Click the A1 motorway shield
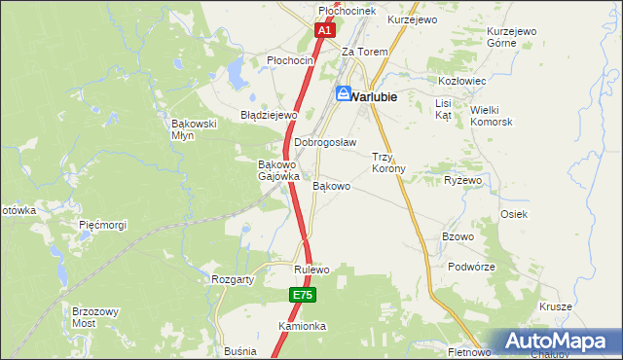(325, 32)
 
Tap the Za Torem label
(365, 52)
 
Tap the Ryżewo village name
(463, 181)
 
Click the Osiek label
(513, 214)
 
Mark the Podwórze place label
(472, 267)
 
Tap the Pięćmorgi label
(103, 225)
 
